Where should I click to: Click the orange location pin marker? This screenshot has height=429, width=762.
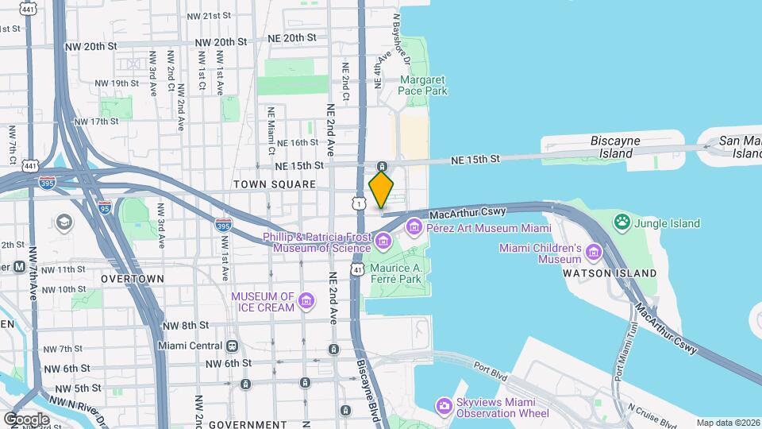[382, 189]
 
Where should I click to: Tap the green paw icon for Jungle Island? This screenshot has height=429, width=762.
[623, 223]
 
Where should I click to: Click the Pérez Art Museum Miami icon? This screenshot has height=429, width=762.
[414, 229]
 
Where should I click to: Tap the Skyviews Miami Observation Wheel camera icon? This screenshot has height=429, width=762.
[444, 407]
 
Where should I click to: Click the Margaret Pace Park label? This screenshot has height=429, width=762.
[424, 86]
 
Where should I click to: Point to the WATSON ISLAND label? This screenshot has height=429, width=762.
[610, 273]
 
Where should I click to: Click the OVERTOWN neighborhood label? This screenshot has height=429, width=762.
[133, 279]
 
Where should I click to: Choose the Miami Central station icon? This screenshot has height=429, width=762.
[233, 346]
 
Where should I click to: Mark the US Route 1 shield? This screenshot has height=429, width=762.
[360, 204]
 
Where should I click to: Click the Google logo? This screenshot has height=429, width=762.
[26, 419]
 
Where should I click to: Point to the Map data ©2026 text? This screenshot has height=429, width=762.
[727, 423]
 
